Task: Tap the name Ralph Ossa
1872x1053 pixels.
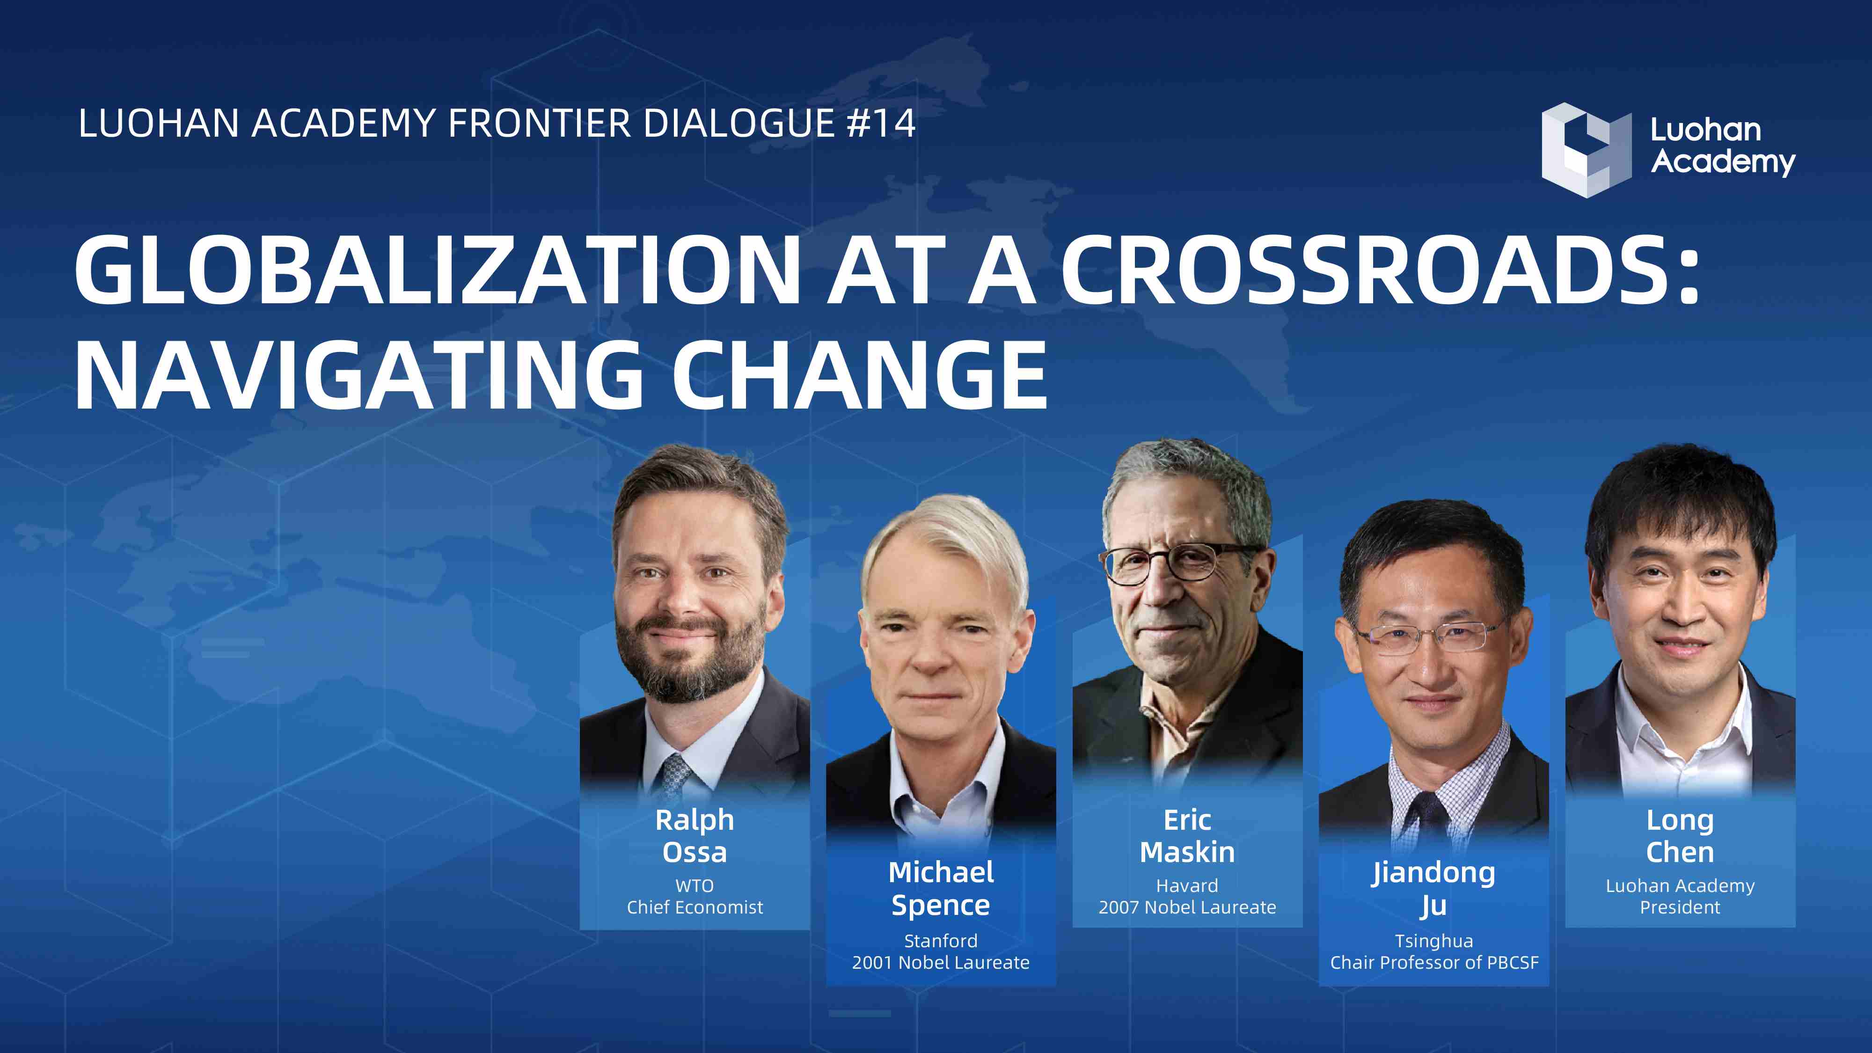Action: [x=695, y=836]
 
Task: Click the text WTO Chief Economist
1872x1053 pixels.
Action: [x=695, y=896]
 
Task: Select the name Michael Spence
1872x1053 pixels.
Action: [x=941, y=889]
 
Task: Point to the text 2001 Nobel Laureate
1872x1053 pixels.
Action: [x=941, y=962]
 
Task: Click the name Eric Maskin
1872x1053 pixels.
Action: [x=1187, y=836]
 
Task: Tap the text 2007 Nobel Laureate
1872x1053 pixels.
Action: [x=1187, y=907]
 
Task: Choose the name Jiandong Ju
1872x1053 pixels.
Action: [x=1434, y=889]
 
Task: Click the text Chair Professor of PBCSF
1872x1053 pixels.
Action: [x=1434, y=962]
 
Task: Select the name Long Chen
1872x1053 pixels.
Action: [x=1680, y=836]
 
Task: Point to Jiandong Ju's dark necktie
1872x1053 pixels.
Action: [x=1428, y=821]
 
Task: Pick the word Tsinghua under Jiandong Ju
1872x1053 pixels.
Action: [x=1434, y=941]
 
